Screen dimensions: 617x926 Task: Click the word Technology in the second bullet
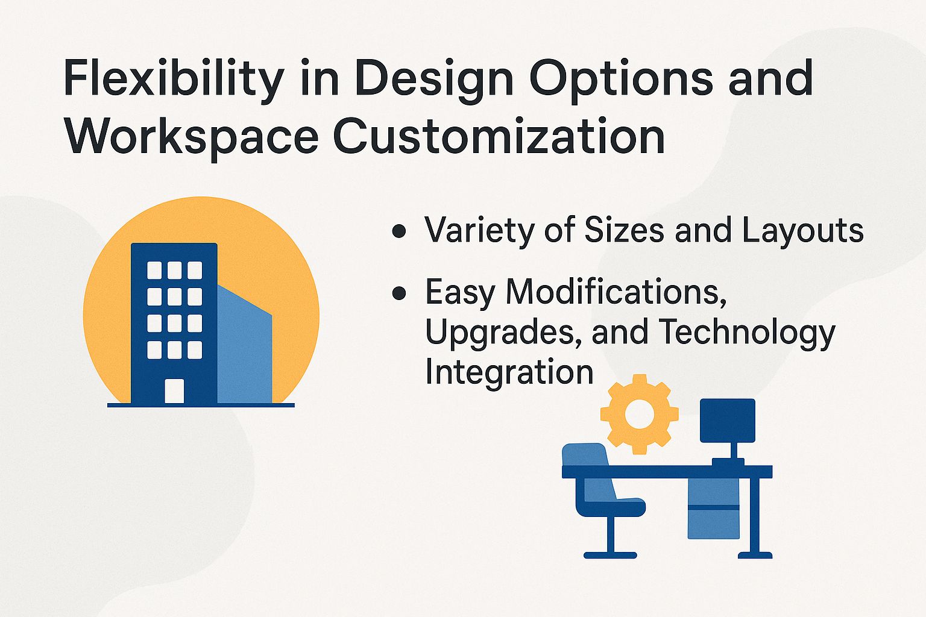point(746,333)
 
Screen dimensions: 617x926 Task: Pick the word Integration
point(509,372)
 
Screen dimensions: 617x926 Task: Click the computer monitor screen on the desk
point(727,420)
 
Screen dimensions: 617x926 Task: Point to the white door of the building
point(174,390)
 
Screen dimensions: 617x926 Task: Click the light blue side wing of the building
point(244,349)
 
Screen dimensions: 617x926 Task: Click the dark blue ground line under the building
point(201,405)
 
